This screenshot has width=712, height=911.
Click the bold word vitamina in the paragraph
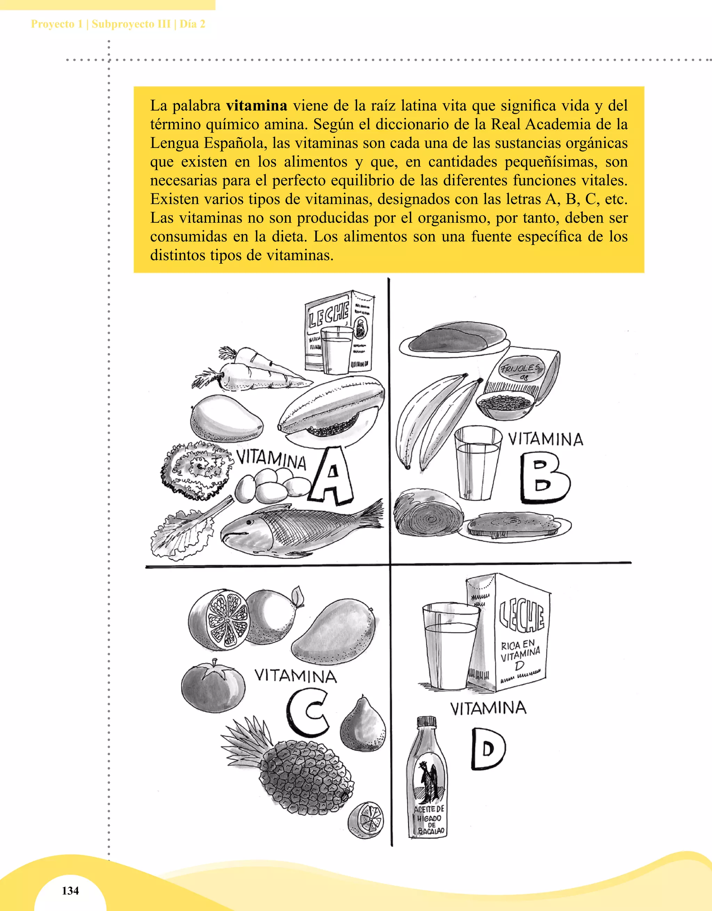pos(256,106)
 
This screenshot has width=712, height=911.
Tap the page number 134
pos(70,890)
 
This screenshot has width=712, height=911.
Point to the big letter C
pos(307,713)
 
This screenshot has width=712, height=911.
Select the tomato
pos(213,685)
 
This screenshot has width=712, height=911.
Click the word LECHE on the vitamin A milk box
pos(328,314)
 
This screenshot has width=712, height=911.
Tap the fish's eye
pos(249,522)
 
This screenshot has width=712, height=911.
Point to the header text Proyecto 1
pos(56,24)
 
